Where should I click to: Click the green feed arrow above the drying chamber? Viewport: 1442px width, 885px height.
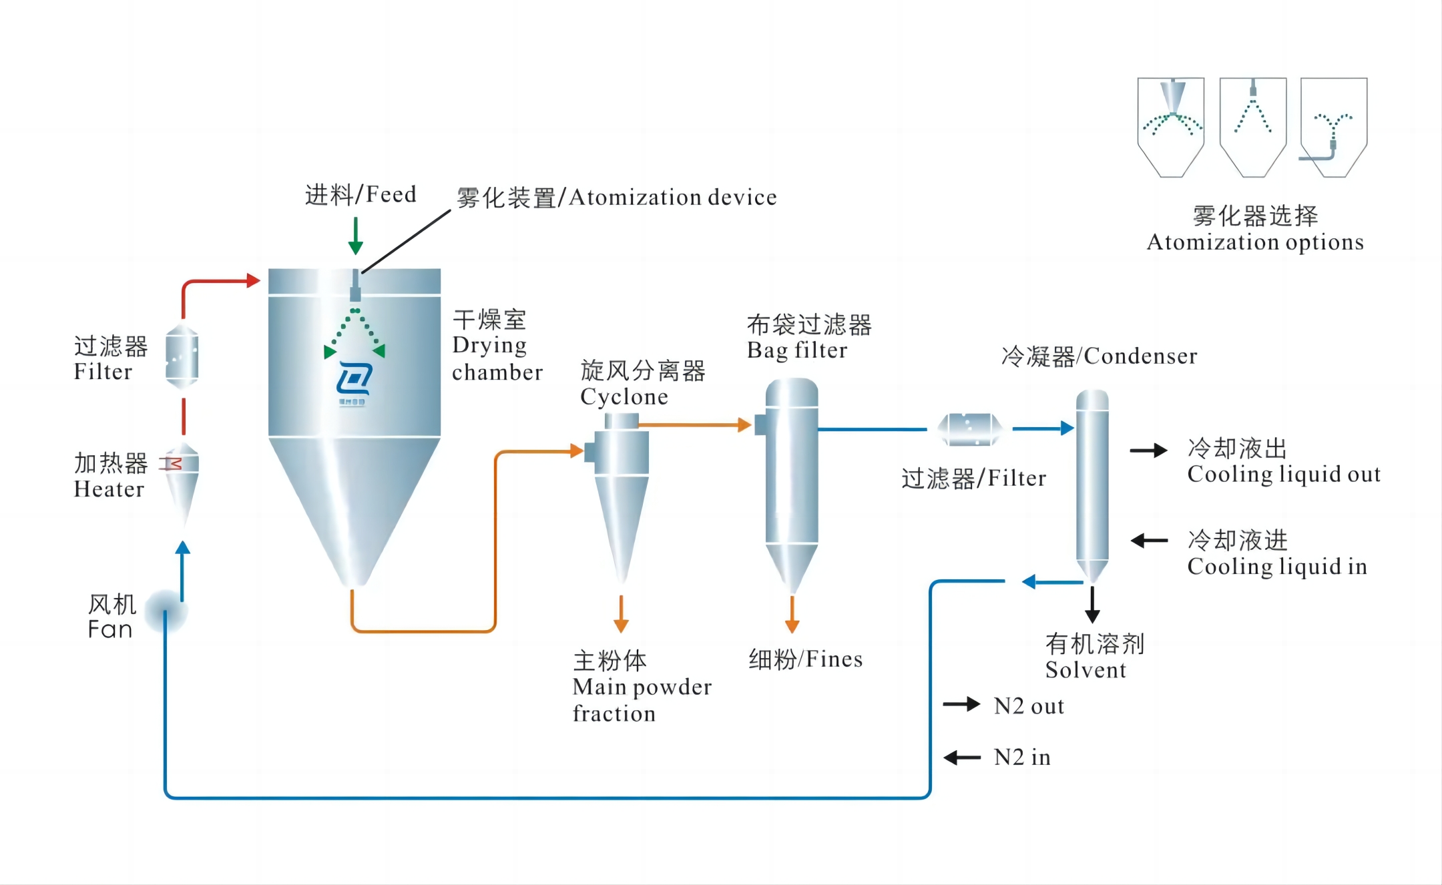355,237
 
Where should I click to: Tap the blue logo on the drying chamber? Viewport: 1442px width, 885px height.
354,380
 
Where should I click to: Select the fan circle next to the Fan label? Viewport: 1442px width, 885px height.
166,611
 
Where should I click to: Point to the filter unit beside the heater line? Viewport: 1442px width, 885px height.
182,356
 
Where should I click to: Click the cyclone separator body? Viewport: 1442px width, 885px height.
621,494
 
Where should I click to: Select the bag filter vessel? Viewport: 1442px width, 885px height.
792,481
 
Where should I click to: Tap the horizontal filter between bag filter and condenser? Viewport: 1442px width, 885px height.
969,429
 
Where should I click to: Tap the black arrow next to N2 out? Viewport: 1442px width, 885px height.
961,704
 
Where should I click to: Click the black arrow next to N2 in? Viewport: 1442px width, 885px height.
961,758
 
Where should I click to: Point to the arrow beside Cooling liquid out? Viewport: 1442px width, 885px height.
1148,451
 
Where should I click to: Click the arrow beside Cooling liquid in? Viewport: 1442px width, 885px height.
1149,541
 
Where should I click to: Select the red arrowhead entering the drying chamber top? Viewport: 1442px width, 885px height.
252,280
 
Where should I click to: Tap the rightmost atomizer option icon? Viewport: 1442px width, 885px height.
1333,127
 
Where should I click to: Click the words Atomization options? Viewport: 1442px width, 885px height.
1255,242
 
